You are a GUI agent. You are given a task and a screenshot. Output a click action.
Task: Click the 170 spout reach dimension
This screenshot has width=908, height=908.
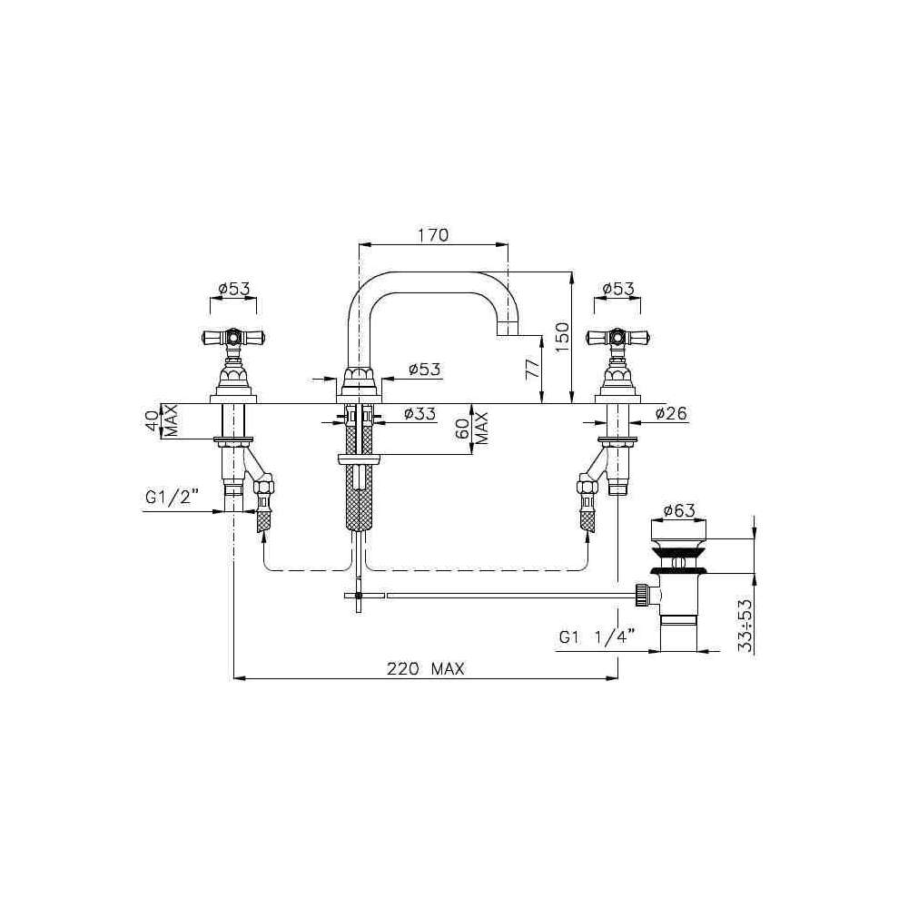pos(433,235)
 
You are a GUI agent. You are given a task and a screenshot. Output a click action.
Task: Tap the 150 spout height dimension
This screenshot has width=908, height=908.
pos(561,338)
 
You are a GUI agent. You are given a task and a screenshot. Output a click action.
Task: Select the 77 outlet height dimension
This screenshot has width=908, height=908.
pos(531,368)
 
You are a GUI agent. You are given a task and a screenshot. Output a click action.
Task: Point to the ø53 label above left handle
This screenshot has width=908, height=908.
pos(234,288)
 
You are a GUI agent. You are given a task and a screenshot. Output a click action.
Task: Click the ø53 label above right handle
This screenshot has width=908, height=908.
pos(617,288)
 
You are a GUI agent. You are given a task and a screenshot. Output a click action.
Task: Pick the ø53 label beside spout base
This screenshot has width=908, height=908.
pos(424,369)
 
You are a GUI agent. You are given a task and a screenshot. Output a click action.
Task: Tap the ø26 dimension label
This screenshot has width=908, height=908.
pos(671,413)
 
